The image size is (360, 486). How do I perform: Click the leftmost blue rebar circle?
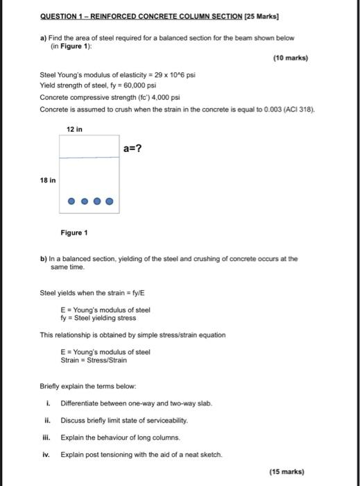[71, 202]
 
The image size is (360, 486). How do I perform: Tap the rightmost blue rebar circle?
[109, 202]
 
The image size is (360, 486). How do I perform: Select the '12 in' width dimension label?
[75, 130]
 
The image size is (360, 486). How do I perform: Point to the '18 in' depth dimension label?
[49, 179]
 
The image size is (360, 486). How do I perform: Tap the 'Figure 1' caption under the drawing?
[74, 232]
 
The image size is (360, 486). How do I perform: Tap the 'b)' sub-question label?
[43, 258]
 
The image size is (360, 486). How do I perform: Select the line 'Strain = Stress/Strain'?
[96, 360]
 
